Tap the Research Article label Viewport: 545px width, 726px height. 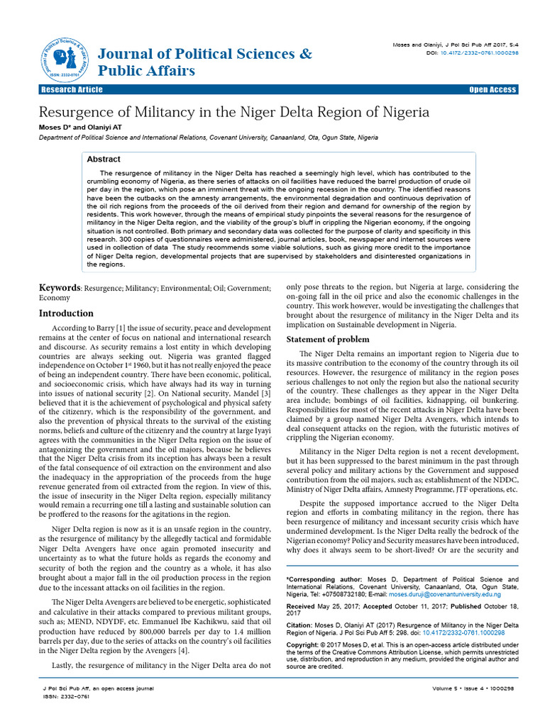coord(72,89)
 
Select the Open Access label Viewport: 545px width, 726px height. coord(492,90)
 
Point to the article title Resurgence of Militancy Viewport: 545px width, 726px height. coord(234,112)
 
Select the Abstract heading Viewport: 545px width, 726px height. coord(104,160)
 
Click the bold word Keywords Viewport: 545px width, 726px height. coord(60,289)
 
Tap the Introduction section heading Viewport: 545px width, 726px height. coord(66,313)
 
